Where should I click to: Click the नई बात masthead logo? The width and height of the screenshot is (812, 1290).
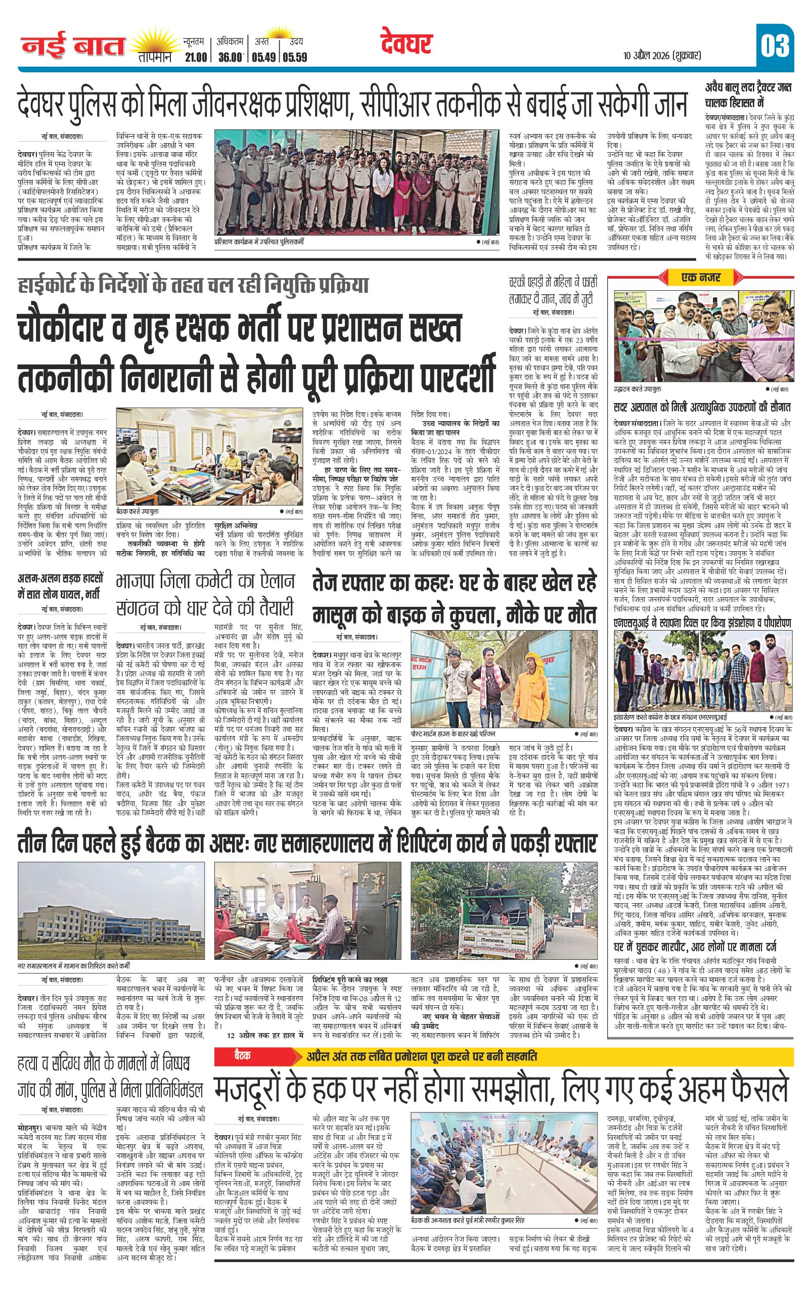tap(73, 46)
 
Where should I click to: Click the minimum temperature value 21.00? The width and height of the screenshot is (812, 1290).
tap(194, 57)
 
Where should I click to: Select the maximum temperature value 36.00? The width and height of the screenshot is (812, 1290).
tap(231, 57)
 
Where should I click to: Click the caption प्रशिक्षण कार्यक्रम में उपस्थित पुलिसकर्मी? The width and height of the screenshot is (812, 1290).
tap(258, 242)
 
